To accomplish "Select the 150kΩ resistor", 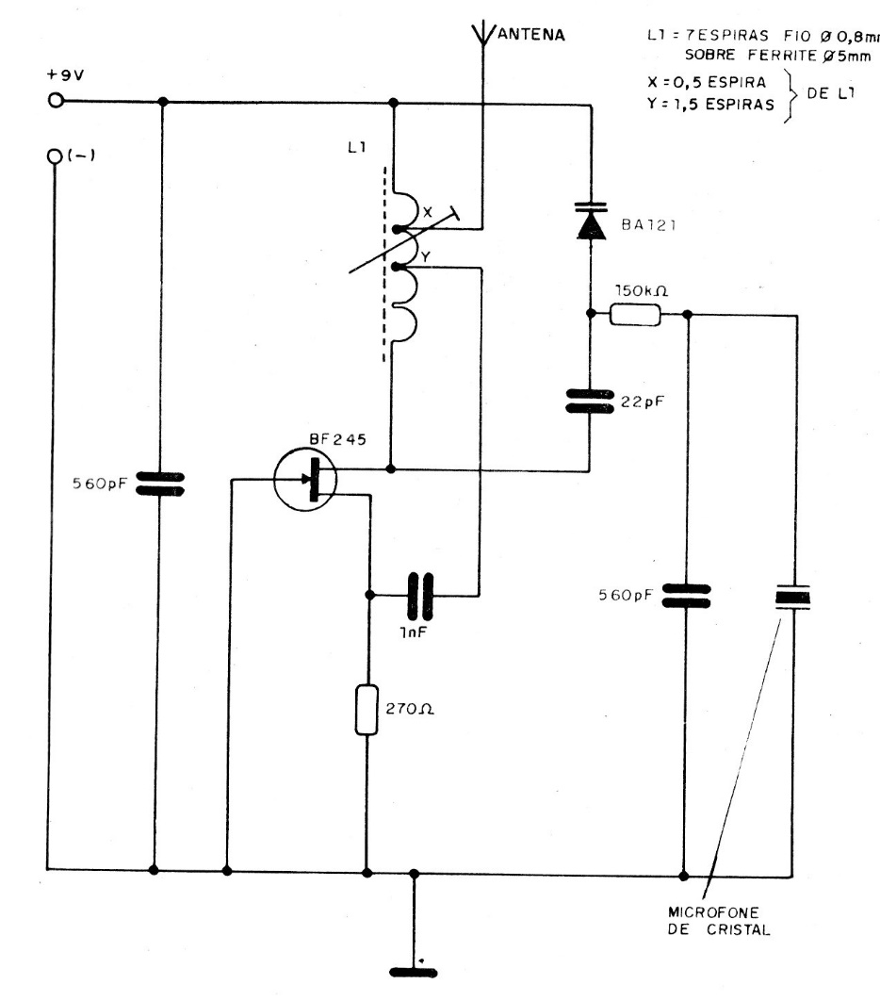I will (x=637, y=315).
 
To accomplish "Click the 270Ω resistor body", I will (x=367, y=711).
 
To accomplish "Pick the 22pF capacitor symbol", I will (x=591, y=402).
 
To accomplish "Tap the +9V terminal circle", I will (x=56, y=101).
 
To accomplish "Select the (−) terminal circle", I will (x=56, y=157).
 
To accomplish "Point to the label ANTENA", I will (x=530, y=37).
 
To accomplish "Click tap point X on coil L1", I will (x=398, y=228).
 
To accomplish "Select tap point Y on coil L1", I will (x=398, y=268).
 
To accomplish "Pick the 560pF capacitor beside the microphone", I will (x=686, y=596).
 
